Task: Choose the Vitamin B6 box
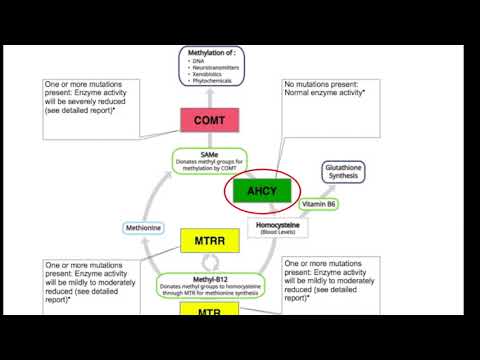pos(320,204)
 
